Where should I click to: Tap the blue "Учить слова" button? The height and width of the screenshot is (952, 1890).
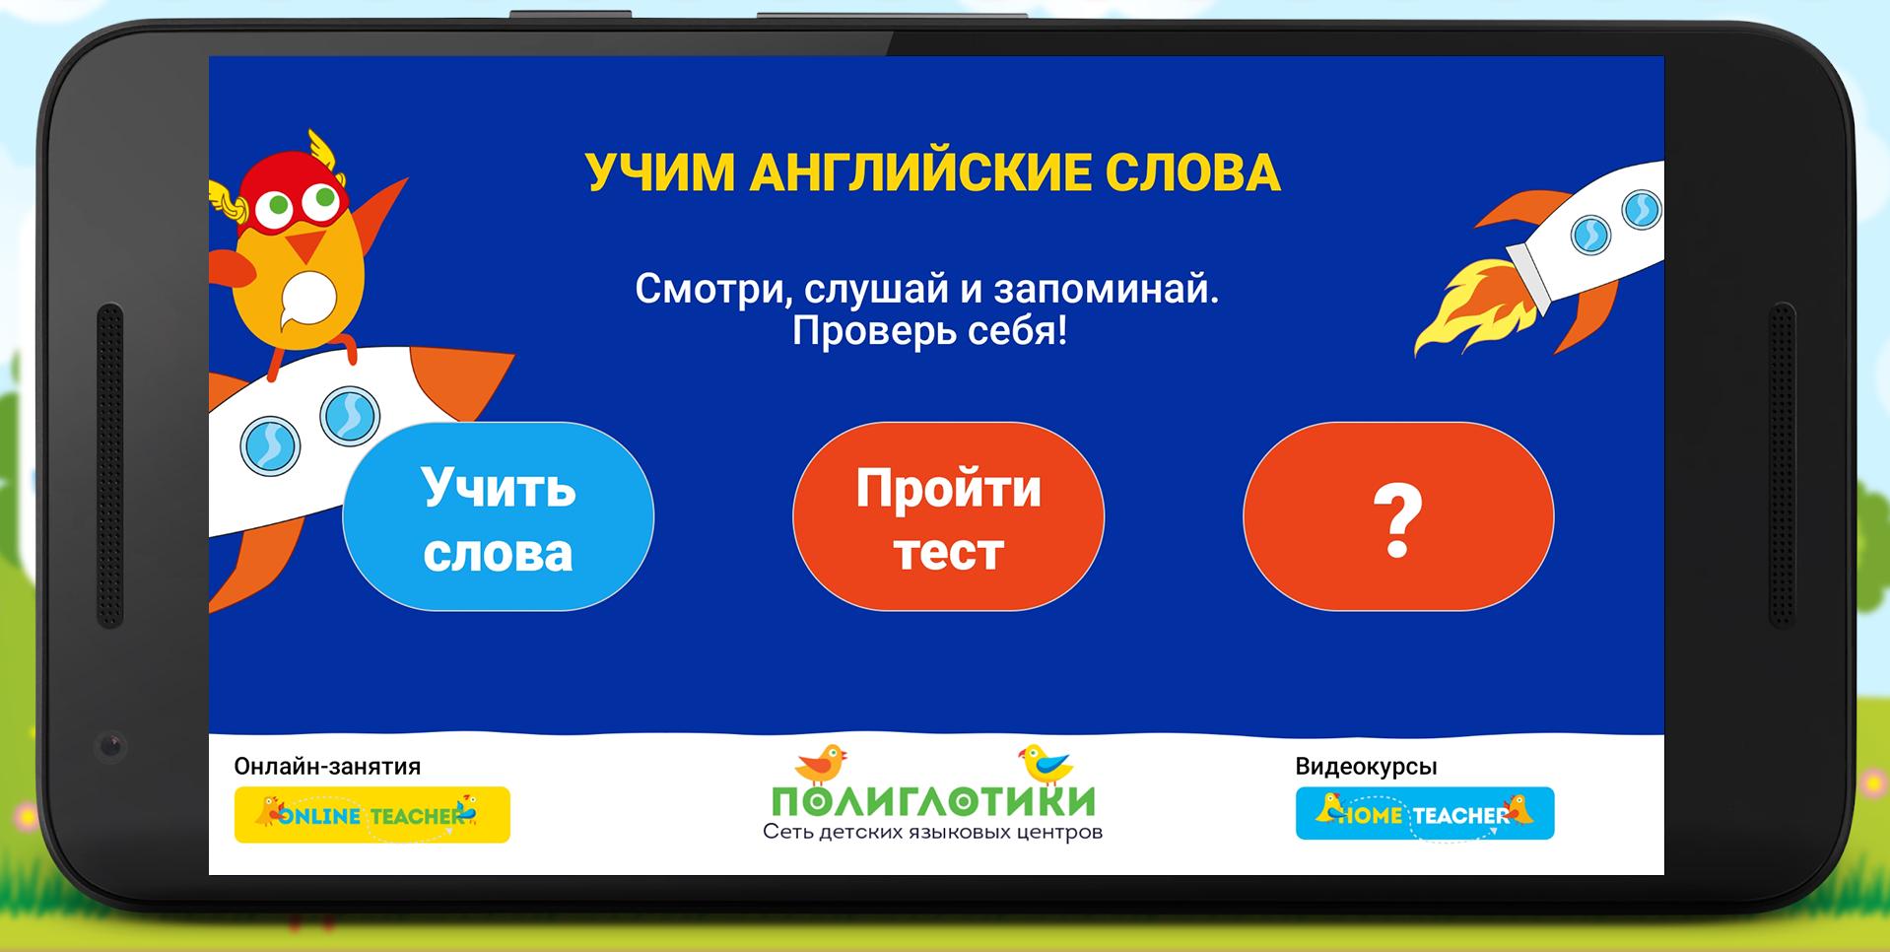click(x=498, y=517)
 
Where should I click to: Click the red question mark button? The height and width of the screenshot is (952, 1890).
click(x=1398, y=517)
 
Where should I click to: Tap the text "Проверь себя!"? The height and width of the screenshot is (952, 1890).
click(x=929, y=331)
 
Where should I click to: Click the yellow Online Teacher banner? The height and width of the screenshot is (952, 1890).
click(x=371, y=815)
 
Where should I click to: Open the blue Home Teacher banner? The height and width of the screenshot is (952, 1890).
click(x=1424, y=813)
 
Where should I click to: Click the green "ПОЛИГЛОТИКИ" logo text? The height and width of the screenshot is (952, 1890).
click(x=933, y=801)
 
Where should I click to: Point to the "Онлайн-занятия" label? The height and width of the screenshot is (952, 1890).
click(x=327, y=767)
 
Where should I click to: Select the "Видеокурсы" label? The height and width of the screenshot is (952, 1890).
click(x=1366, y=767)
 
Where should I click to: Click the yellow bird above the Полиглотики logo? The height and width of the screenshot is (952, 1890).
click(x=1046, y=764)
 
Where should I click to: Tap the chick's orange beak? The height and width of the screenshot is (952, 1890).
click(x=310, y=243)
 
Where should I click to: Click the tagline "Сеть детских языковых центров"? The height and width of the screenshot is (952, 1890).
click(x=932, y=833)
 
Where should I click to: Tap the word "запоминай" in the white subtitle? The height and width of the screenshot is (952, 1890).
click(x=1106, y=290)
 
